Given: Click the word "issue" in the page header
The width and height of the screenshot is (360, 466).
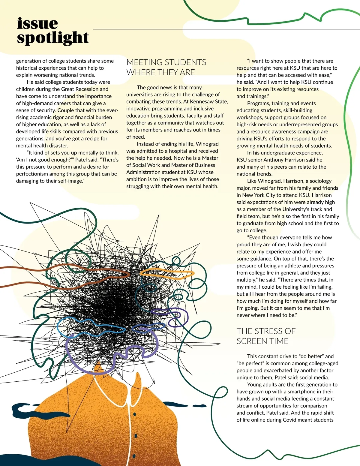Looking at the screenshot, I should tap(37, 23).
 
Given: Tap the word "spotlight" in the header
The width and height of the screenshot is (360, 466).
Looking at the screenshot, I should tap(53, 38).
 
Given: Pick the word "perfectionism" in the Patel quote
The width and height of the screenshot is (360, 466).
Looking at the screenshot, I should tap(32, 174).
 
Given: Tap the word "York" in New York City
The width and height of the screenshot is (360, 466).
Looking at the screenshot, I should tap(259, 195).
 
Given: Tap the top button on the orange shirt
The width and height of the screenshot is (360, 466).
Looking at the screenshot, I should tap(134, 414).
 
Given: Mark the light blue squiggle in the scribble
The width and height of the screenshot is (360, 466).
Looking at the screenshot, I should tap(90, 326).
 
